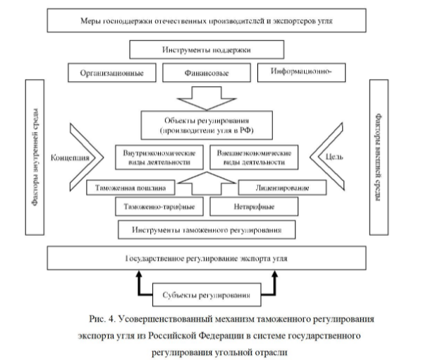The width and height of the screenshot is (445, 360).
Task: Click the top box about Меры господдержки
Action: tap(207, 20)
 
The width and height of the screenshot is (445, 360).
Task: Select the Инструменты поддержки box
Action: tap(207, 50)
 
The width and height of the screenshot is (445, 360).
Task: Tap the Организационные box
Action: tap(109, 72)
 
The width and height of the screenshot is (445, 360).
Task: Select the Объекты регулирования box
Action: tap(205, 124)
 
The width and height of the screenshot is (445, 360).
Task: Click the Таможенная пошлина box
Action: tap(132, 188)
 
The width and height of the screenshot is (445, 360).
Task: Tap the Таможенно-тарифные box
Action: tap(154, 208)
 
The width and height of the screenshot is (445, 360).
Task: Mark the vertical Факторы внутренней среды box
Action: tap(35, 156)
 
